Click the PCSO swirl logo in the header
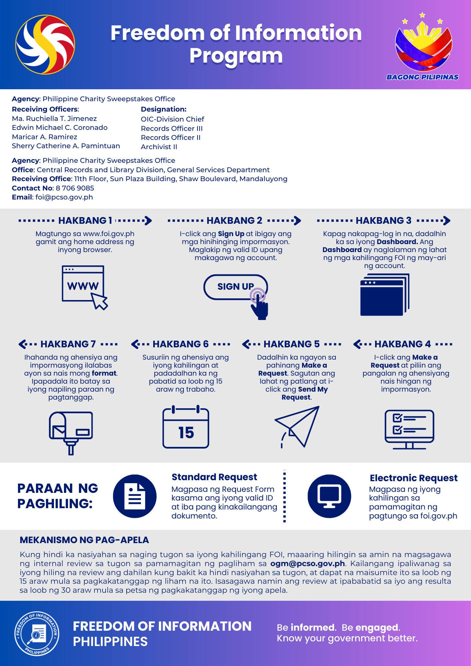pos(45,44)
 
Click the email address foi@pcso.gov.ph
pos(64,197)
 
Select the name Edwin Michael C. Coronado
pos(60,128)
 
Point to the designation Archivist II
pos(159,147)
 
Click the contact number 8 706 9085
pos(75,188)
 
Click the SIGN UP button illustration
pos(235,287)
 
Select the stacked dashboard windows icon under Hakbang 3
pos(385,295)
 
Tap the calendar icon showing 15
pos(186,428)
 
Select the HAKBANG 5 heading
pos(291,344)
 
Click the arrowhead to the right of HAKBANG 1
pos(148,220)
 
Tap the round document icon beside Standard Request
pos(135,496)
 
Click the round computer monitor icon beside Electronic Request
pos(329,496)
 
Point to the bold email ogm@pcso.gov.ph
pos(307,563)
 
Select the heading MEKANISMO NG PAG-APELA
pos(84,540)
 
